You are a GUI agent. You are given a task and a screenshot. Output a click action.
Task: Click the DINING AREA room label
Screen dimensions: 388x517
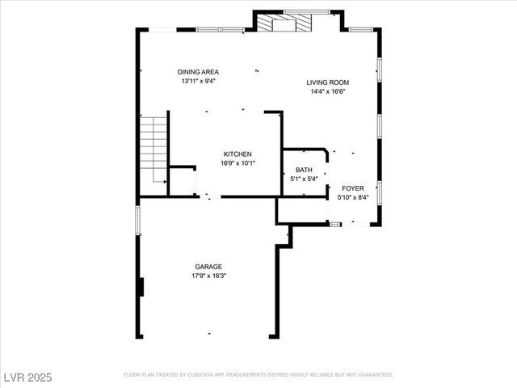199,72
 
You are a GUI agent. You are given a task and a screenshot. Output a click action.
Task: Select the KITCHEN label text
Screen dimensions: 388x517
237,154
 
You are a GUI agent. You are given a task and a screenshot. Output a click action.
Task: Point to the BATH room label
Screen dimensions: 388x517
304,170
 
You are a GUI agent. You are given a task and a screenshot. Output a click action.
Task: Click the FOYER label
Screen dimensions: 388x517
352,188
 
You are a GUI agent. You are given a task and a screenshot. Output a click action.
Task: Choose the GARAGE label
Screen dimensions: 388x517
208,267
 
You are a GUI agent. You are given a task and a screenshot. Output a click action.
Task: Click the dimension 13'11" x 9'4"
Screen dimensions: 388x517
199,81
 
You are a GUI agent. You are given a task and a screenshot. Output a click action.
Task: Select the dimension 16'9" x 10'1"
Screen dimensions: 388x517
237,162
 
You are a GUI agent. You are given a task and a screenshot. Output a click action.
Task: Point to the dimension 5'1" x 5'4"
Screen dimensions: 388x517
304,179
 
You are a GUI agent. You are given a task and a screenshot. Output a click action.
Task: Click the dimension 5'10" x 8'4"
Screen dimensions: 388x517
352,196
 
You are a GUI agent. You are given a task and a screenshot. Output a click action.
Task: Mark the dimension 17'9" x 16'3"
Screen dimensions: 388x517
208,276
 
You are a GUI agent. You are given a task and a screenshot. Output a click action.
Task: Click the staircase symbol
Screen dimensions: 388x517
153,150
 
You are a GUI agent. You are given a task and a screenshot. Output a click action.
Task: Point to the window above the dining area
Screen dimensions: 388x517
220,30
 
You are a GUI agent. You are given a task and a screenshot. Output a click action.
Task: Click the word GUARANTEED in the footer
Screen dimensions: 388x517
375,375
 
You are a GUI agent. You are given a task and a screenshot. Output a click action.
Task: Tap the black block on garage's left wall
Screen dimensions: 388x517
141,287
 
